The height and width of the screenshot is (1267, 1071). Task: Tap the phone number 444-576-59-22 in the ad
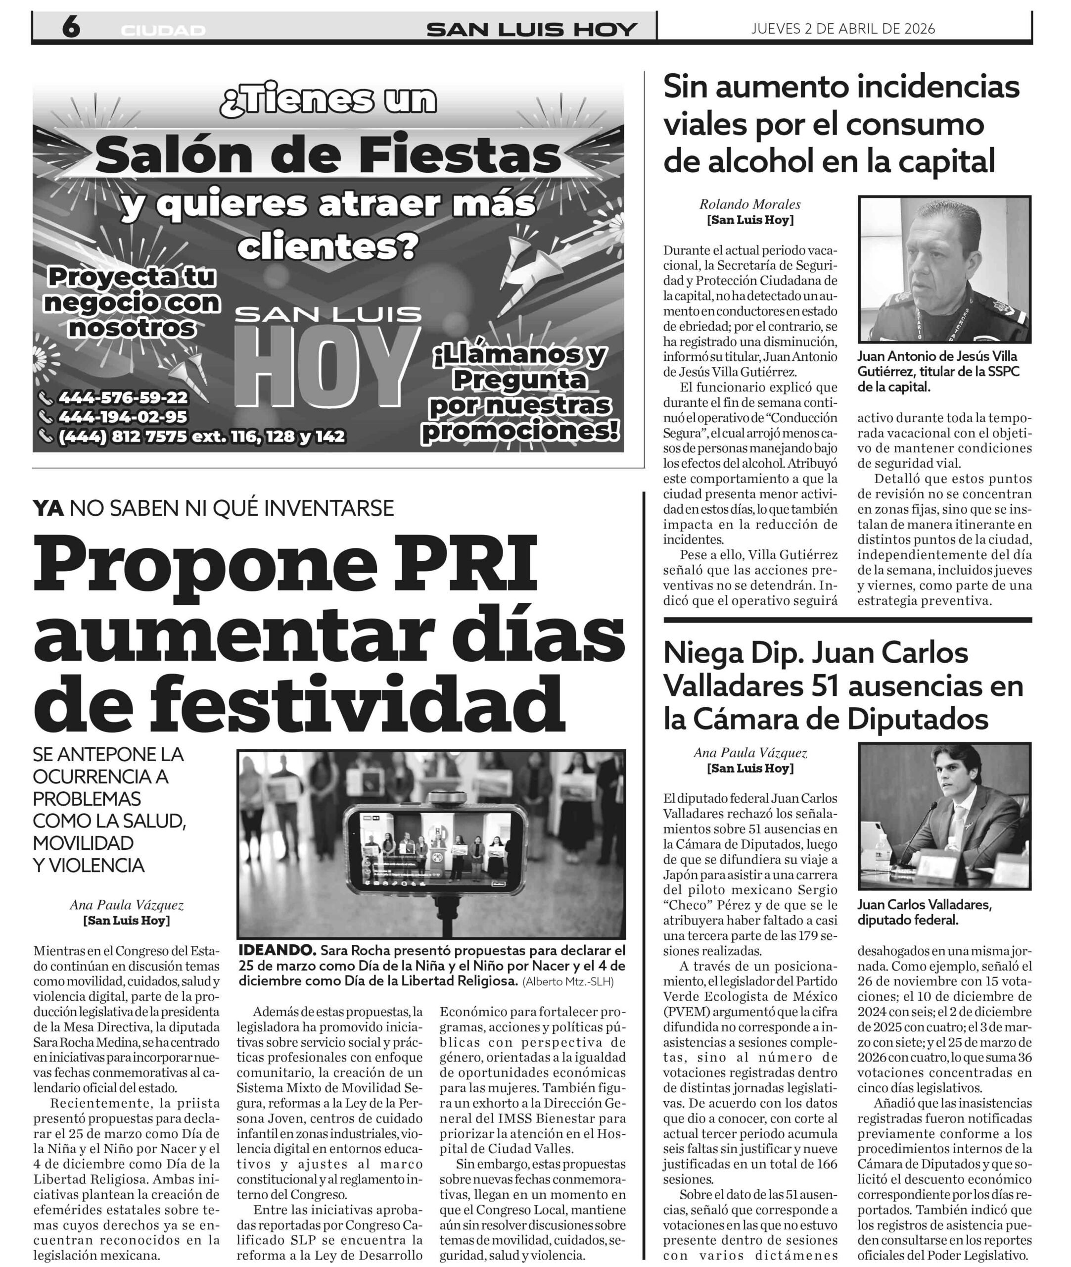[123, 398]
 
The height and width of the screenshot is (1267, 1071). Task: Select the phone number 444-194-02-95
[123, 417]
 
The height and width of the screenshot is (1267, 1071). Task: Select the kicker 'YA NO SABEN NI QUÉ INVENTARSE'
[213, 508]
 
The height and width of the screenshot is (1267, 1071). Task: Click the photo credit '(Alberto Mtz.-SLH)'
[568, 981]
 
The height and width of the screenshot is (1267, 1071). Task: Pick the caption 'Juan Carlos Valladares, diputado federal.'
[924, 912]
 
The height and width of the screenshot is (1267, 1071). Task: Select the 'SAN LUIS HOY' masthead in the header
[532, 29]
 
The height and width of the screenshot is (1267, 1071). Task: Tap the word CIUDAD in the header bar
[163, 30]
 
